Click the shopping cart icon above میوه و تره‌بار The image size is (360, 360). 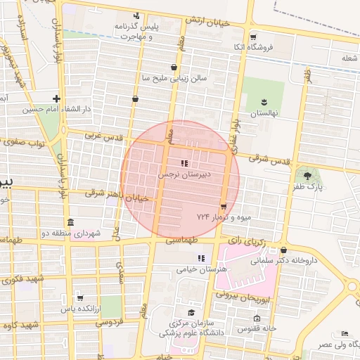tap(224, 207)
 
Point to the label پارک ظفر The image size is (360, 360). tap(307, 186)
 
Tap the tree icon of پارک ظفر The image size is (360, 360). tap(307, 174)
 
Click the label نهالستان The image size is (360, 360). tap(265, 112)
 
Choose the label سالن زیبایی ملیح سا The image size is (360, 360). tap(174, 79)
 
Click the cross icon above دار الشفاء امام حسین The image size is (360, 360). tap(57, 99)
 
